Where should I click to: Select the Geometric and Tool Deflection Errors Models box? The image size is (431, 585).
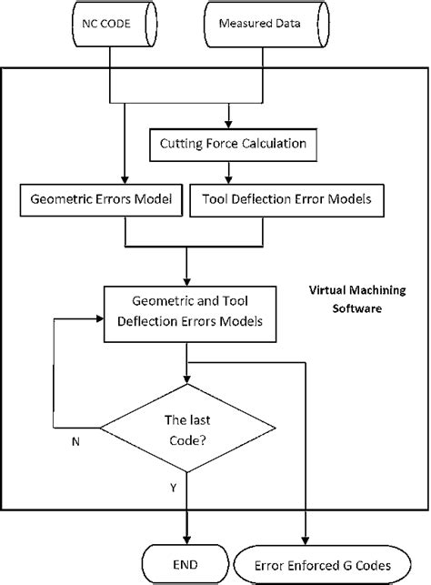click(x=186, y=313)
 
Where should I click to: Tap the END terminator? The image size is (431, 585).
click(x=186, y=559)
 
